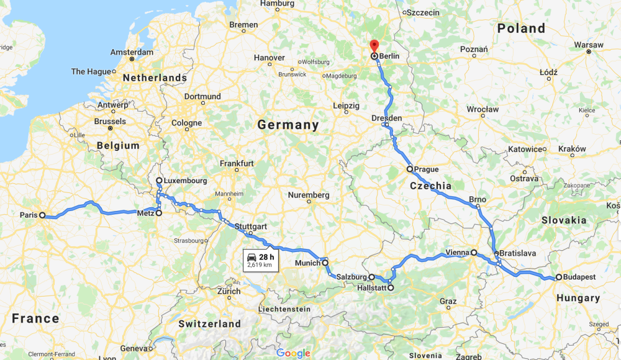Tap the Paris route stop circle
[x=42, y=215]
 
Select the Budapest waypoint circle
[x=559, y=277]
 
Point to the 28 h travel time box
[x=260, y=260]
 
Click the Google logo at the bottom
[x=293, y=353]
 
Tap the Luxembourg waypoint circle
[x=159, y=181]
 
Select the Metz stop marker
[x=158, y=213]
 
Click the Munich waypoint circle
[x=325, y=263]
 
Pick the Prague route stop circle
[x=410, y=169]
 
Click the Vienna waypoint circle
[x=474, y=253]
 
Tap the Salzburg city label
[x=351, y=277]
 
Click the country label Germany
[x=288, y=125]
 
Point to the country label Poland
[x=521, y=29]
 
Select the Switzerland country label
[x=209, y=323]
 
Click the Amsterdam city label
[x=133, y=52]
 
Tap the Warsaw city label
[x=588, y=45]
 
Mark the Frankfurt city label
[x=236, y=163]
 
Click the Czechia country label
[x=430, y=186]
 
